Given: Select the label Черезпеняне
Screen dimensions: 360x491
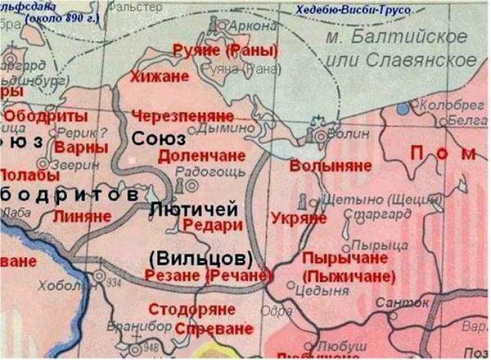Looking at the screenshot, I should [185, 115].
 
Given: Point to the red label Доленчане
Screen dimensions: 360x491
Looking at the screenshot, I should [193, 155].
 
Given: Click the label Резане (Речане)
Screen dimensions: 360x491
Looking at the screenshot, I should [199, 277].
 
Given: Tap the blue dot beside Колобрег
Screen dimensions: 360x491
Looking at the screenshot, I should [401, 108].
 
